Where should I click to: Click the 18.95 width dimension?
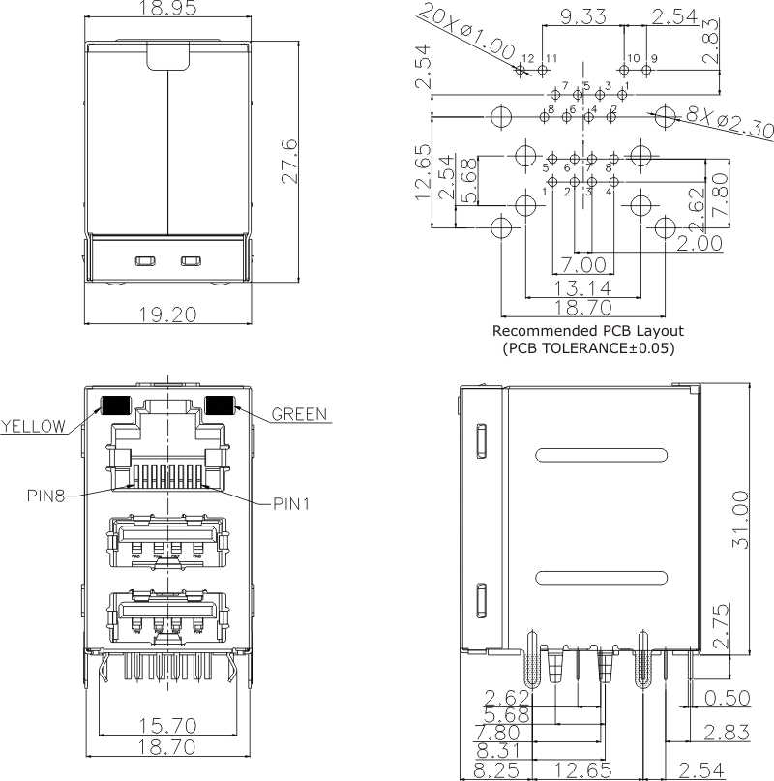point(168,10)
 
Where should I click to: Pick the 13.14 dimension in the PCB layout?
point(581,287)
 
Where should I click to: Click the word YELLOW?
point(33,426)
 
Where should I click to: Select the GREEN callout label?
point(299,414)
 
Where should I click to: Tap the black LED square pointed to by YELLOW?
point(116,406)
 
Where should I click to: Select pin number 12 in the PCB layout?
point(527,58)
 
